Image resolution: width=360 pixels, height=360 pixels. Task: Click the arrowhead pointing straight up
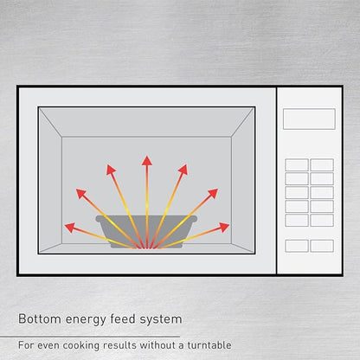click(x=147, y=161)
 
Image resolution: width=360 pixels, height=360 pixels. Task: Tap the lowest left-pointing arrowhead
click(x=70, y=228)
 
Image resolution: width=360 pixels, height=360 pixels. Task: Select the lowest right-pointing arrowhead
click(x=224, y=227)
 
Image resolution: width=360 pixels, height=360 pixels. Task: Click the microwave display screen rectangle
click(x=309, y=119)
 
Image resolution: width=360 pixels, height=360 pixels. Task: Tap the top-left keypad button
click(x=297, y=164)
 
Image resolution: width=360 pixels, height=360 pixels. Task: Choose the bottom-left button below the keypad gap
click(x=297, y=246)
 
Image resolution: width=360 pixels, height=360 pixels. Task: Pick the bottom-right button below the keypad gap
click(x=322, y=246)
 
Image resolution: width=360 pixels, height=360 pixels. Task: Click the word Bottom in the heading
click(x=40, y=319)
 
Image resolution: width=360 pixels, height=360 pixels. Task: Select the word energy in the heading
click(x=87, y=320)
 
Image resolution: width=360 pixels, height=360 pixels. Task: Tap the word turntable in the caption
click(x=209, y=345)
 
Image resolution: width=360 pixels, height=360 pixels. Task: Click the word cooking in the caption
click(x=81, y=346)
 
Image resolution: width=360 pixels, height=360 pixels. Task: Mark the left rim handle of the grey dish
click(x=99, y=219)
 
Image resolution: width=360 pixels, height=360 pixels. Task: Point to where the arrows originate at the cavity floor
click(x=147, y=247)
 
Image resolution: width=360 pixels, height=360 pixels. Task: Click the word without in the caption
click(x=157, y=345)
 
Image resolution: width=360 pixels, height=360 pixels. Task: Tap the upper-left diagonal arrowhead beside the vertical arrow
click(x=111, y=170)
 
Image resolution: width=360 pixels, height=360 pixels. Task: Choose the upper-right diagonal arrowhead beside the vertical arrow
click(x=183, y=170)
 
